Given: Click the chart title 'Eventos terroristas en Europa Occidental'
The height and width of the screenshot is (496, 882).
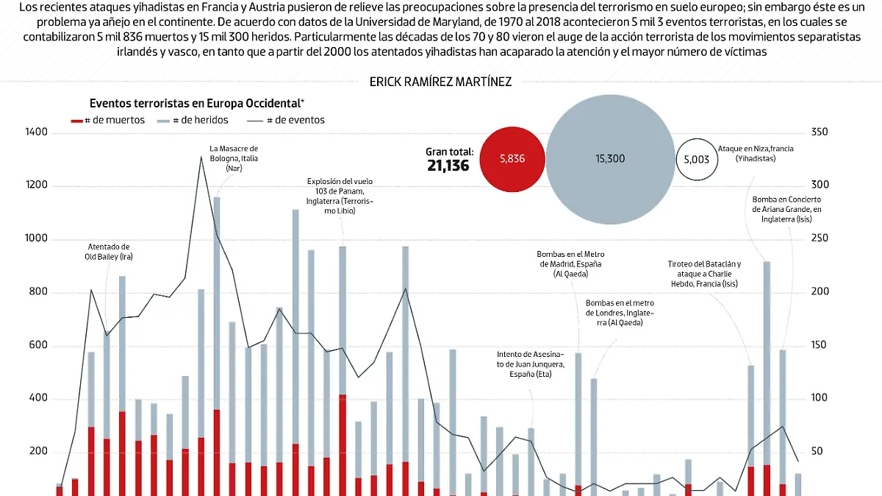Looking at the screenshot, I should (197, 103).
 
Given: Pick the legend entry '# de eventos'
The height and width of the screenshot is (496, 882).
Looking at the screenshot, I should (287, 120).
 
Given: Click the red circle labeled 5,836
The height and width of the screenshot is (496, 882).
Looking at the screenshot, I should (512, 158).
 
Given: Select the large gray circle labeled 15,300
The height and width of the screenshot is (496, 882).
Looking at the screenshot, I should (610, 158).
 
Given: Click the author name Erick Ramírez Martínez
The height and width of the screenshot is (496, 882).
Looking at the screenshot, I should (440, 82).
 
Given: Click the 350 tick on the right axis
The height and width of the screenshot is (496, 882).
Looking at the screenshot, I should (820, 132).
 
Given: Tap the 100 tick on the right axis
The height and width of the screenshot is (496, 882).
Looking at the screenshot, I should (820, 398).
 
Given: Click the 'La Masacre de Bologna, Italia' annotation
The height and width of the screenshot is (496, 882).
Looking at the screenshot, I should (234, 158).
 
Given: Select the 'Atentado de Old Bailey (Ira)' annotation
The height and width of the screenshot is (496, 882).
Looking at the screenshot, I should (110, 252).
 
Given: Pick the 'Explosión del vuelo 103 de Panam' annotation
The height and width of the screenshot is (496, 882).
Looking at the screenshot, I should (340, 196).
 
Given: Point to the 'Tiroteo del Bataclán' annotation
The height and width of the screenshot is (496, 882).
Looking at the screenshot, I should (703, 274).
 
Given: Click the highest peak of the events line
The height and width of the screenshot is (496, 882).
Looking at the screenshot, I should (201, 157).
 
